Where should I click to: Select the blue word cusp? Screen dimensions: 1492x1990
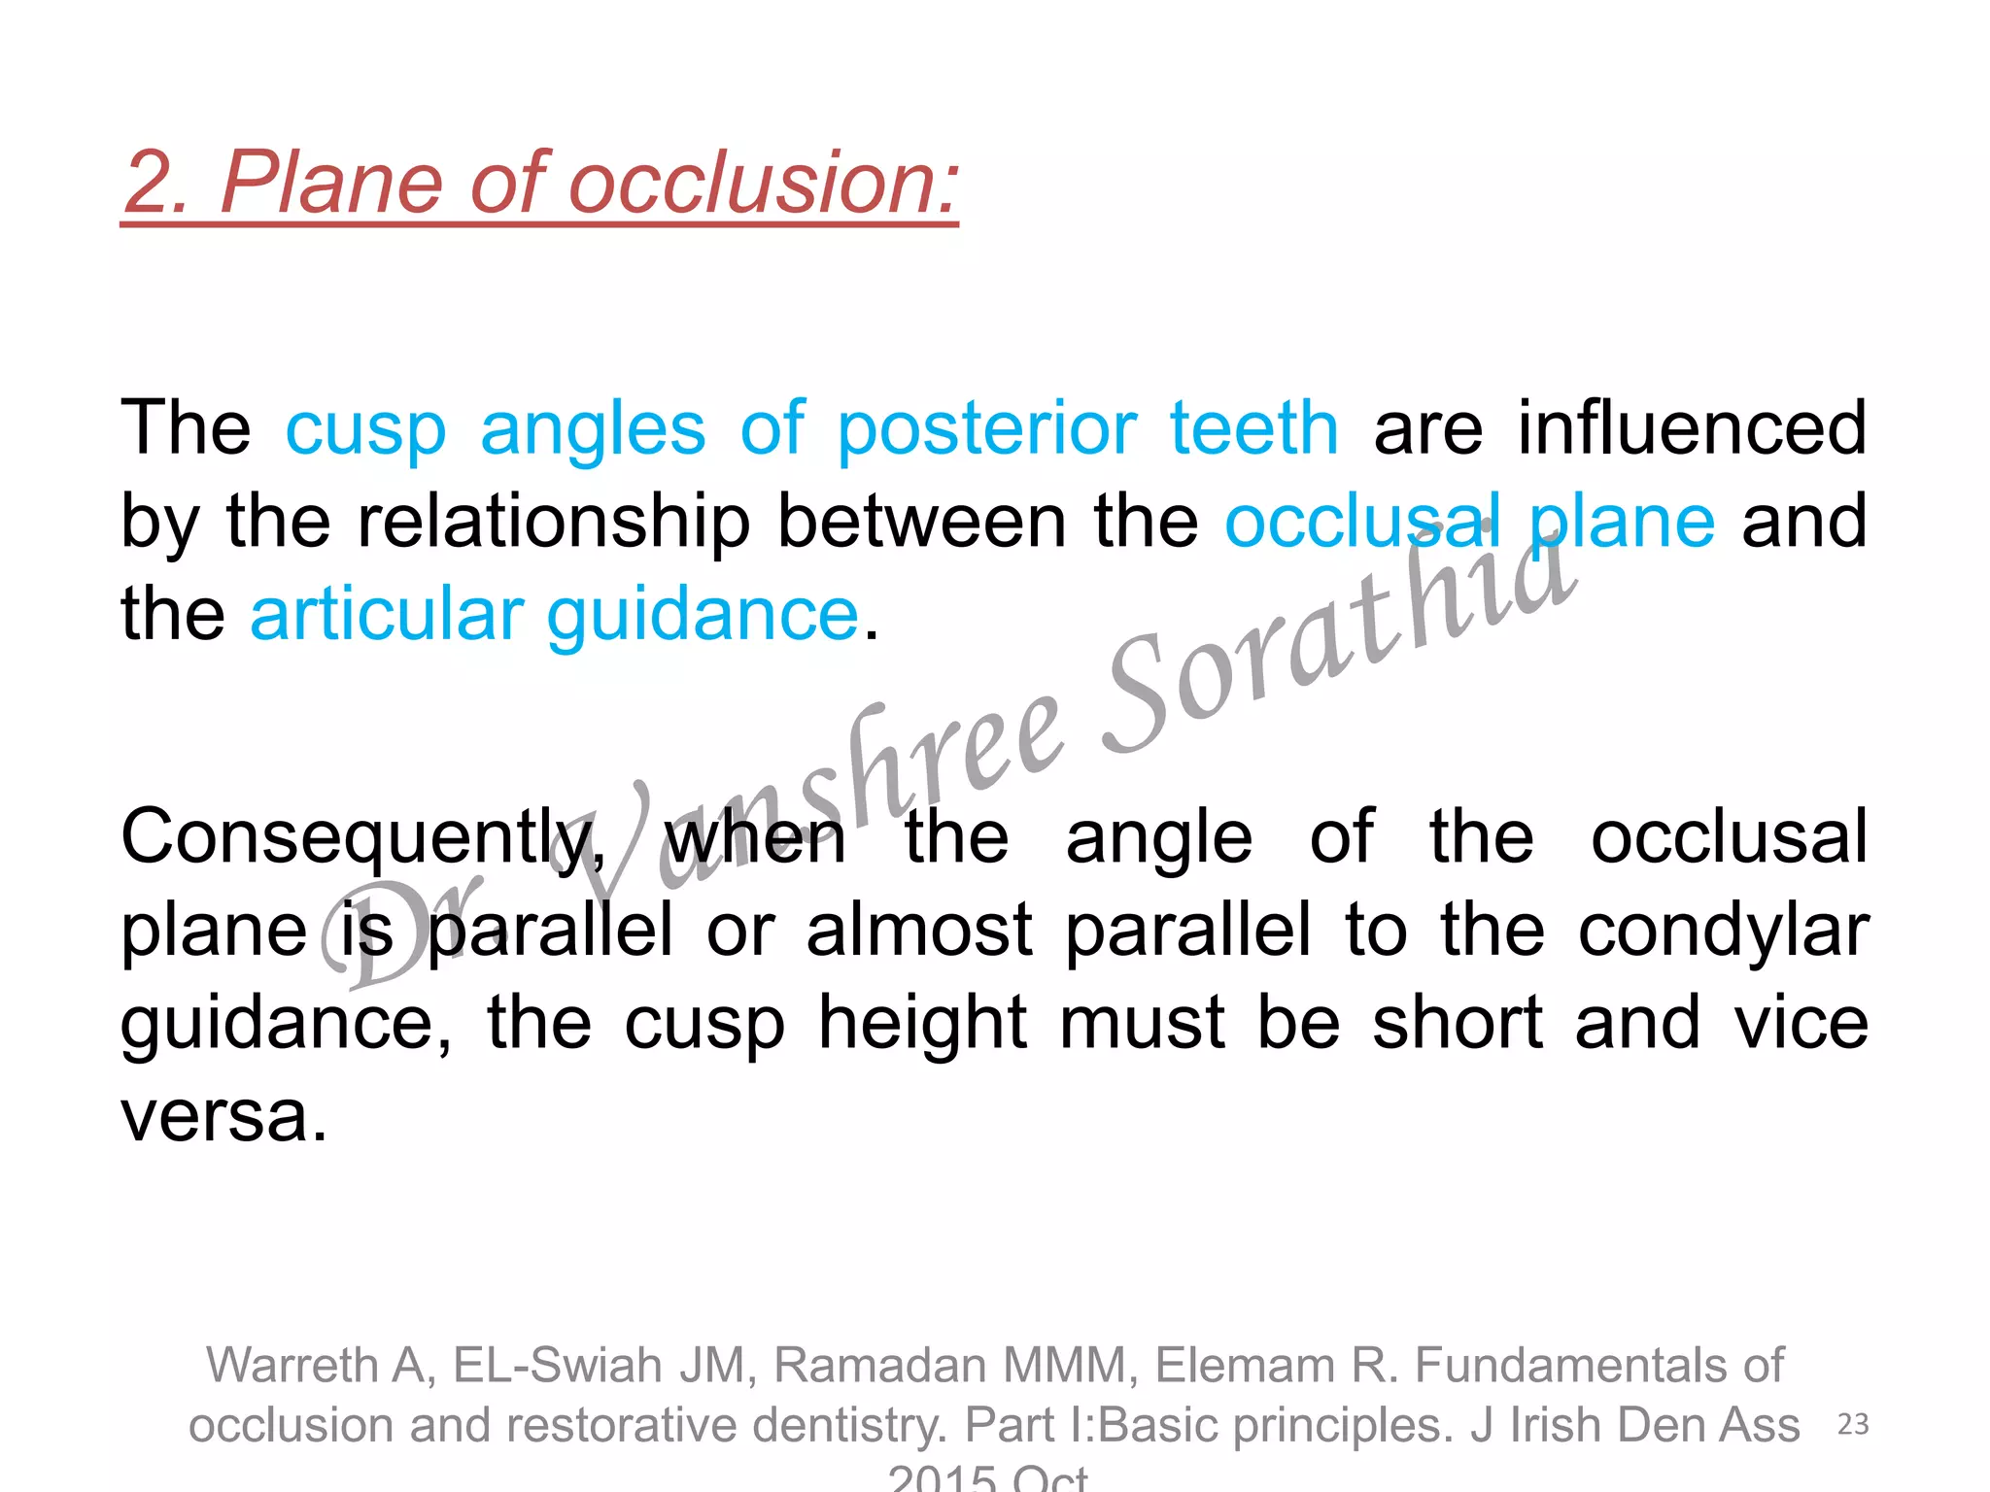tap(365, 429)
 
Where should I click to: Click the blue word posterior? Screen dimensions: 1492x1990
tap(986, 429)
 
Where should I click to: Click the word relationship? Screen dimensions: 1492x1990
tap(554, 523)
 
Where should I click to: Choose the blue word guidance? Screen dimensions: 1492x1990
tap(703, 616)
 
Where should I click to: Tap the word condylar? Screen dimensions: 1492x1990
tap(1723, 932)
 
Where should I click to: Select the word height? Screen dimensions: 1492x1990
tap(923, 1023)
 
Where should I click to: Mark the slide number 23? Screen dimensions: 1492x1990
tap(1854, 1424)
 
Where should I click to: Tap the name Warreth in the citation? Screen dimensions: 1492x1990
tap(291, 1366)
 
